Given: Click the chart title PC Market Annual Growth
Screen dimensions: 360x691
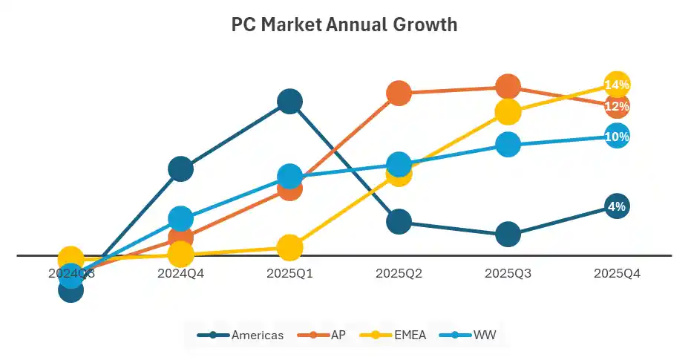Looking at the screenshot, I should pos(344,25).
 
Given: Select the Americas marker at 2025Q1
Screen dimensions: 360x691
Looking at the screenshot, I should pos(289,101).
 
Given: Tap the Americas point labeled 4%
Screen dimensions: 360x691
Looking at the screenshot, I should pos(617,206).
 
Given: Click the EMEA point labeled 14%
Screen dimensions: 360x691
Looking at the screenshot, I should pos(617,85).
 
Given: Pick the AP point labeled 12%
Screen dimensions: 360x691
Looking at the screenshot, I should pos(617,106).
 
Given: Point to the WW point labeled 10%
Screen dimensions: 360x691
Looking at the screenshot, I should pos(617,137).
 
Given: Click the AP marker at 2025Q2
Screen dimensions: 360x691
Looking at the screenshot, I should pos(399,93).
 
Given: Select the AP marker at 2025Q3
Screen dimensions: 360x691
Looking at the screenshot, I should pos(508,87).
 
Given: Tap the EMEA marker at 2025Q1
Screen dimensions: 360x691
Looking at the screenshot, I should pos(289,247).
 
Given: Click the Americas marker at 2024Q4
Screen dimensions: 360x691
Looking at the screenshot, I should pos(180,168).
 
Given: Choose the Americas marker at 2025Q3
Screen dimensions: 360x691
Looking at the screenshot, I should pos(508,234).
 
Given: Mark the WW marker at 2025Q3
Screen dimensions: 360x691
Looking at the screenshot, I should pos(508,144).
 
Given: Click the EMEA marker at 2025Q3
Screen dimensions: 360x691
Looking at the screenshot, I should pos(508,111).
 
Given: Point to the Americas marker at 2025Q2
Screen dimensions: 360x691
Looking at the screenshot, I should pos(399,220).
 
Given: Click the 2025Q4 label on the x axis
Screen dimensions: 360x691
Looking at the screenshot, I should pos(617,273).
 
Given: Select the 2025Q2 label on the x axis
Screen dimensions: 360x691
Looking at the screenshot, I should pos(399,273).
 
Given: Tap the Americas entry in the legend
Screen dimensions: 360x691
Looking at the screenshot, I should pos(240,335).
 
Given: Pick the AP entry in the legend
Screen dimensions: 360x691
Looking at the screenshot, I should pos(322,335).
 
